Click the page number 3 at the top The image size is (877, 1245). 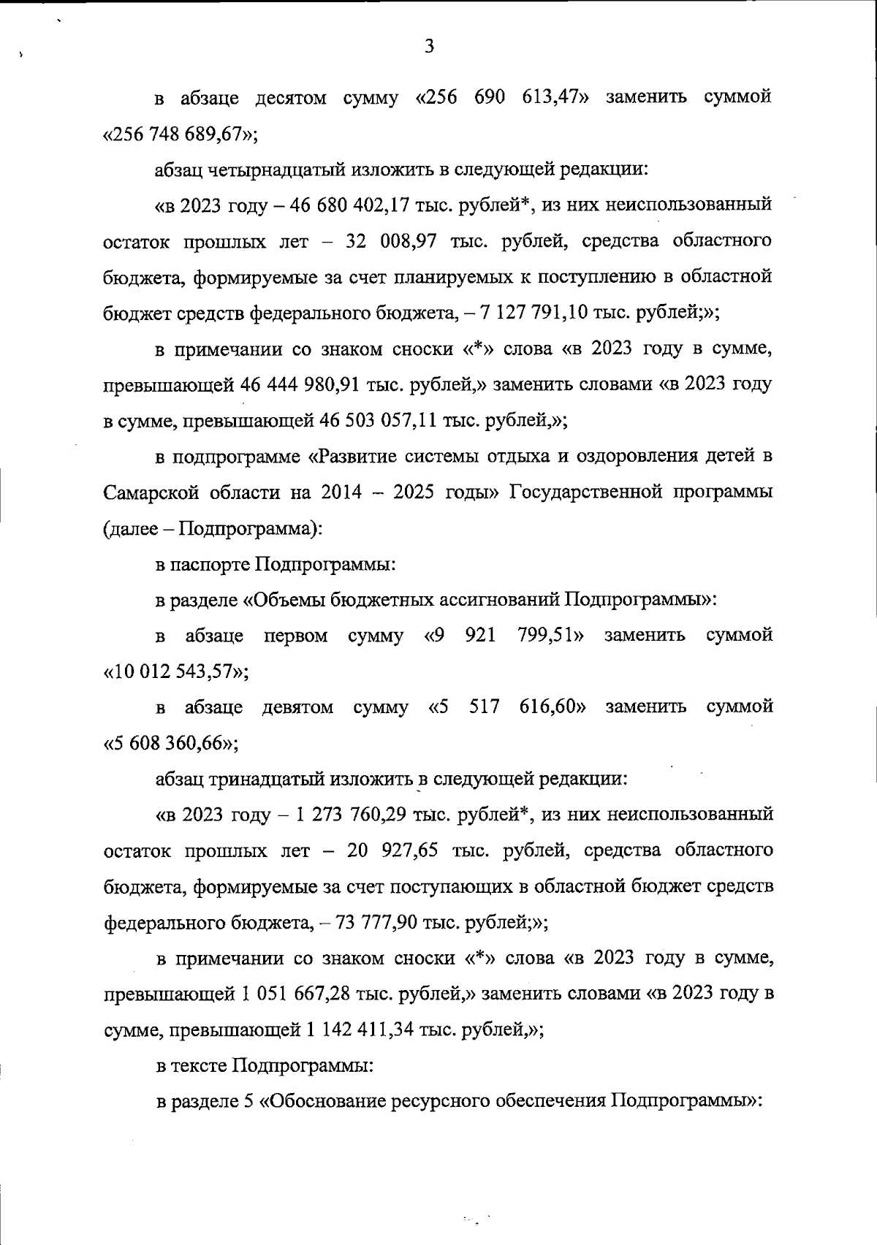[430, 47]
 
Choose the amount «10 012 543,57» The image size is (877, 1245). [174, 672]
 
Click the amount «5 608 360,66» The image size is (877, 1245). [169, 744]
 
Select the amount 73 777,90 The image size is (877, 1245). [376, 923]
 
